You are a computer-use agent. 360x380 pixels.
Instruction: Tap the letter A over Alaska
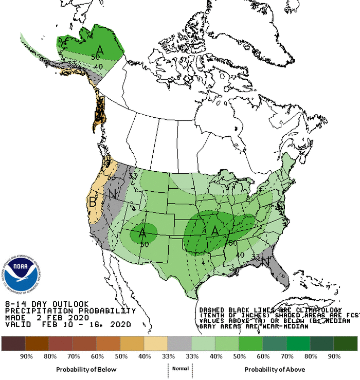tap(100, 50)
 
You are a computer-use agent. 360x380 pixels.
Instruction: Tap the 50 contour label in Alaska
tap(95, 57)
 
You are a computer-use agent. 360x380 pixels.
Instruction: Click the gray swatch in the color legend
tap(179, 343)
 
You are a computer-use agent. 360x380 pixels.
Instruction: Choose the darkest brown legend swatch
tap(13, 343)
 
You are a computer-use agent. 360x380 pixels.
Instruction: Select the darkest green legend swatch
tap(346, 343)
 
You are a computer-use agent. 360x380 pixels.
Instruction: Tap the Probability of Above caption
tap(275, 369)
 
